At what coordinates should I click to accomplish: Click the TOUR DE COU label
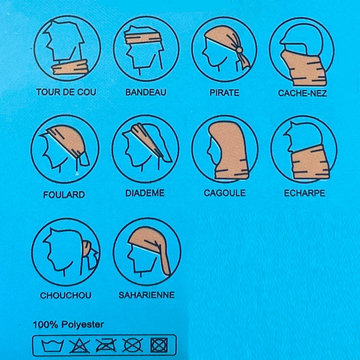(66, 92)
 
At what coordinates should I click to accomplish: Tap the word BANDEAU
(145, 92)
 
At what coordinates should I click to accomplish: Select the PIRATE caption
(224, 93)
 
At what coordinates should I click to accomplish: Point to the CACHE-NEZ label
(302, 93)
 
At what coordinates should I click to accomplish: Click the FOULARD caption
(64, 195)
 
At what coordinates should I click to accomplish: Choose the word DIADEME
(145, 193)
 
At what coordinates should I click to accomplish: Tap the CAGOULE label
(225, 193)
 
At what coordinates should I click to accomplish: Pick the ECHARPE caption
(305, 193)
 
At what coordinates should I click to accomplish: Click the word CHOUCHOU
(66, 295)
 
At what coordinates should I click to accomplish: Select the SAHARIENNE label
(147, 295)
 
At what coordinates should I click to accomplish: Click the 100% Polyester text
(68, 324)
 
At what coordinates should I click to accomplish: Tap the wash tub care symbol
(52, 346)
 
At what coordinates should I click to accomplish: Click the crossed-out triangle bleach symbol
(80, 346)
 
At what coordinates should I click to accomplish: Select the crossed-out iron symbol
(106, 346)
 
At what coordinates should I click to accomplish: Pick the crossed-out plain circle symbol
(132, 345)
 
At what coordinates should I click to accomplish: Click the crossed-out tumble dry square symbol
(159, 345)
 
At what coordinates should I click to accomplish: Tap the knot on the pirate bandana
(239, 49)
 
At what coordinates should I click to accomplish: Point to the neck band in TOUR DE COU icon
(70, 67)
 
